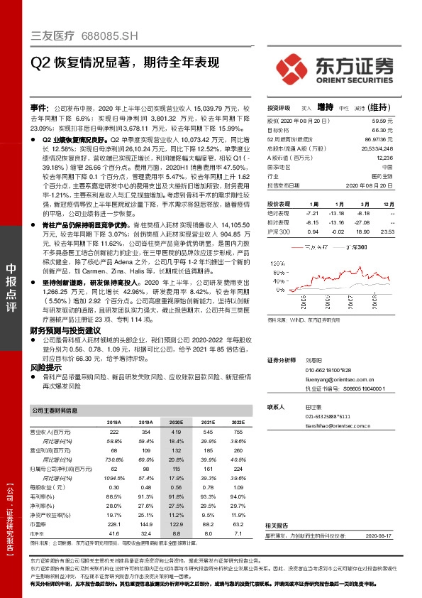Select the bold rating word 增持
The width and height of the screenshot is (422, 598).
pyautogui.click(x=326, y=107)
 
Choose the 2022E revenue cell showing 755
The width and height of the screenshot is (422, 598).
pyautogui.click(x=218, y=432)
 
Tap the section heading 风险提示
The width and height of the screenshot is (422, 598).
pyautogui.click(x=46, y=369)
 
